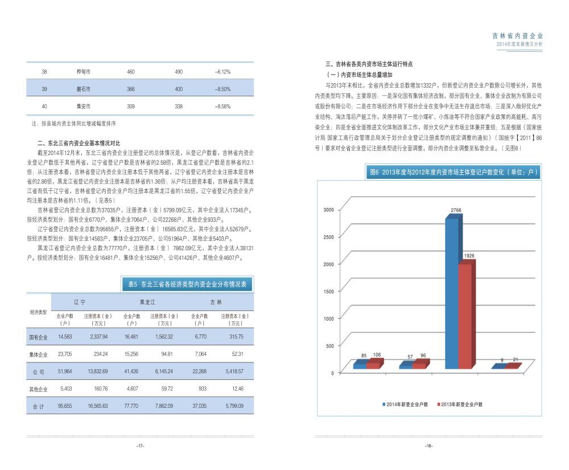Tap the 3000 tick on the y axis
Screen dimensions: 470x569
(329, 210)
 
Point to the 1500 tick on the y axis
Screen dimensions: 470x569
(329, 292)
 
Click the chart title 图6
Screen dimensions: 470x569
(452, 171)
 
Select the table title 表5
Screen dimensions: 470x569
(187, 284)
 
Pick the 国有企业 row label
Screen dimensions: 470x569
(38, 337)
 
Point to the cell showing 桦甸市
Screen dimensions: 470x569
(84, 72)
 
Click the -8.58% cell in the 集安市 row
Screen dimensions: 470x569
(222, 107)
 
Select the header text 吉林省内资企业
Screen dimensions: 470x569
(517, 35)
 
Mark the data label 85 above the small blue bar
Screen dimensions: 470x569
(364, 355)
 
